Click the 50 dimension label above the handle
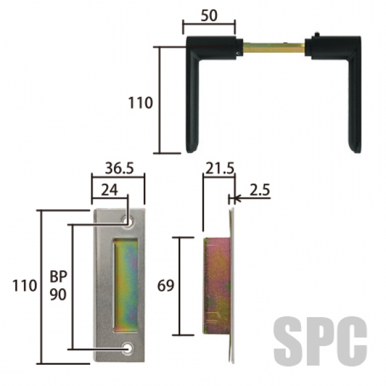(209, 15)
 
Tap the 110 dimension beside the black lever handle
(140, 103)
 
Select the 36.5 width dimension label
(120, 169)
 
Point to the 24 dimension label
(109, 190)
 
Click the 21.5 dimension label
(220, 169)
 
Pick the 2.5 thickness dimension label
(260, 190)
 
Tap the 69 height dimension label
(166, 286)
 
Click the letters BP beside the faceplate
(59, 276)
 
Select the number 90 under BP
(59, 294)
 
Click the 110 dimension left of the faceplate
(24, 286)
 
